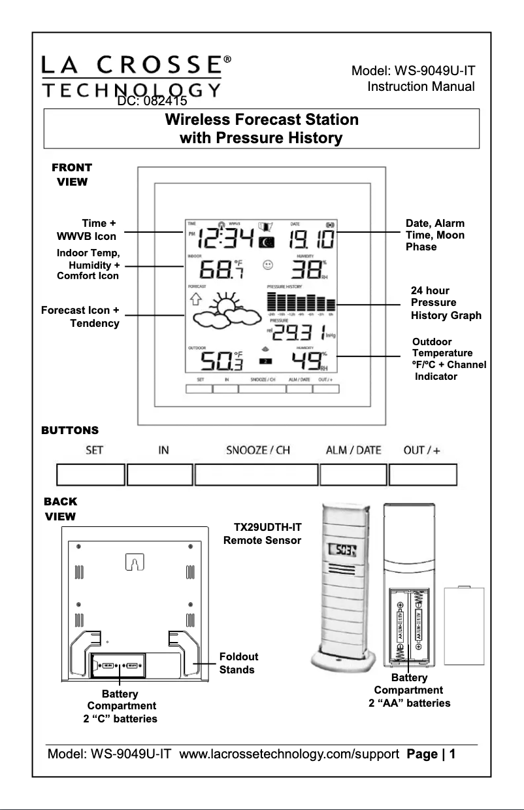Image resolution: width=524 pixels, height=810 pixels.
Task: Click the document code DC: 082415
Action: click(x=152, y=102)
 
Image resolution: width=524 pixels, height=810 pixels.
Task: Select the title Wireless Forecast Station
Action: click(x=261, y=120)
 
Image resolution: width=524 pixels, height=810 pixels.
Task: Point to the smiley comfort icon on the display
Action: click(x=267, y=265)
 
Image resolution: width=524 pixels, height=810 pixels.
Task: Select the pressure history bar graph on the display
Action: click(x=301, y=303)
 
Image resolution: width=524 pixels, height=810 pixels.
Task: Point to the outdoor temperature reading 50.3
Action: click(x=221, y=361)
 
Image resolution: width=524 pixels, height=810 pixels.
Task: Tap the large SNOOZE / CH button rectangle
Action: click(x=257, y=474)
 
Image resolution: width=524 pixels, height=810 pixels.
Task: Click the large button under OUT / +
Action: click(x=423, y=474)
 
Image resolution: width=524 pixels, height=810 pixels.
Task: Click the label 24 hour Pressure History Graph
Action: click(x=446, y=303)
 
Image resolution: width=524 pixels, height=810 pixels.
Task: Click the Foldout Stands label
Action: click(x=238, y=663)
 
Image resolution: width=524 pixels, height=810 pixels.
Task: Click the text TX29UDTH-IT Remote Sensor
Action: click(x=263, y=533)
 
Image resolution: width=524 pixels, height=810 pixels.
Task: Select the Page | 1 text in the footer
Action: click(x=430, y=754)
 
